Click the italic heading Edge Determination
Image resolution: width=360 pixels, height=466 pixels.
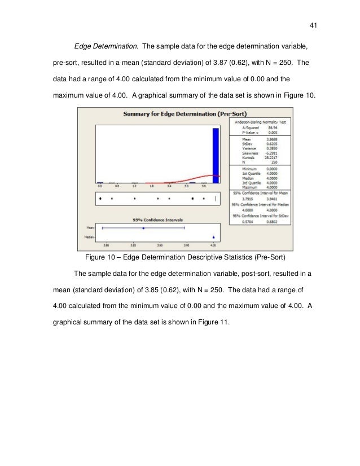point(105,46)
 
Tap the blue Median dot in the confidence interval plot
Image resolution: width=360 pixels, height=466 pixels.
point(213,237)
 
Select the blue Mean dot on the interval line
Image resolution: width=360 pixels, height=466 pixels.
point(143,228)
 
